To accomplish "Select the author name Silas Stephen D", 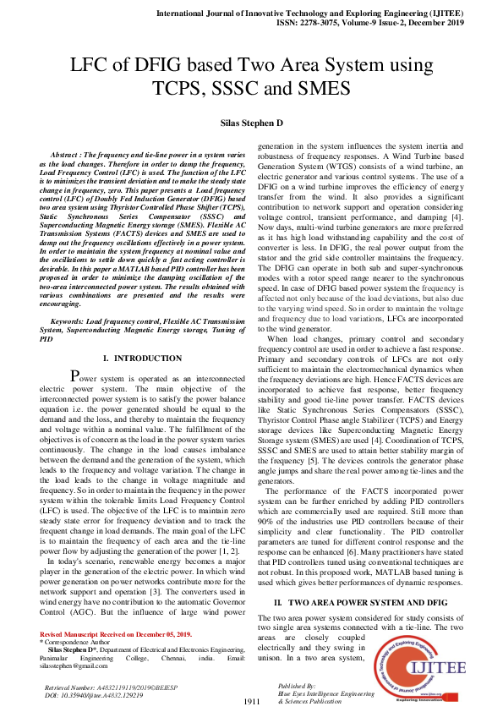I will point(251,123).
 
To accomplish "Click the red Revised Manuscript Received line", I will point(116,633).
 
